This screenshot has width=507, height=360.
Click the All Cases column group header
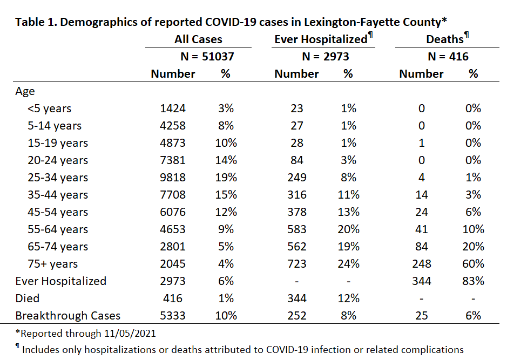pos(198,39)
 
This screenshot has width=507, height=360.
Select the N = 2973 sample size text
pos(325,57)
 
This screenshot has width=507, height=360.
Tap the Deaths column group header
pos(445,39)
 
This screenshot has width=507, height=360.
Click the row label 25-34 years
pos(58,178)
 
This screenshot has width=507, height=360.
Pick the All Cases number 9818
pos(173,178)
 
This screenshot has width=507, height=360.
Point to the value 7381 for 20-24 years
pos(173,160)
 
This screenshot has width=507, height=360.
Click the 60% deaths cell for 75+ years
pos(473,264)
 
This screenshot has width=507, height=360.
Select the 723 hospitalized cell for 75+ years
pos(296,264)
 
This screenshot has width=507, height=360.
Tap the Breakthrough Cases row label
pos(67,316)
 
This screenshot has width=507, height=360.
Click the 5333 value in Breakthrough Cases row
pos(173,316)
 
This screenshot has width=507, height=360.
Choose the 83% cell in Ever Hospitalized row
pos(473,281)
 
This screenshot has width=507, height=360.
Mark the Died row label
pos(27,298)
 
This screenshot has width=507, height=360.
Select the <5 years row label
pos(49,108)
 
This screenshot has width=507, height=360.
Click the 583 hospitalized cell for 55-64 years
pos(296,229)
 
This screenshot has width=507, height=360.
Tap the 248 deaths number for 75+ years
pos(421,264)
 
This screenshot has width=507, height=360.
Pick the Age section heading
pos(25,91)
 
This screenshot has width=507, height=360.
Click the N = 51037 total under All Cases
pos(207,57)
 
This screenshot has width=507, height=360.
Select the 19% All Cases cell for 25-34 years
pos(226,178)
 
